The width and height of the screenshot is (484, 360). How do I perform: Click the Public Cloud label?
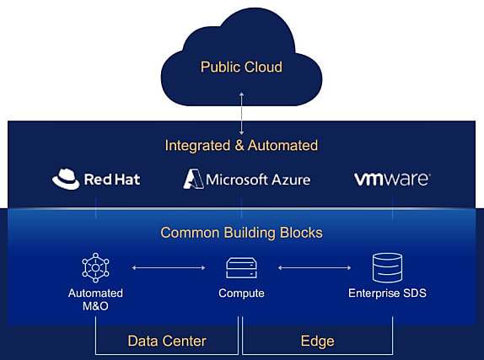coord(241,67)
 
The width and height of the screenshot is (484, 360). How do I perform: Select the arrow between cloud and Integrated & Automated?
coord(242,113)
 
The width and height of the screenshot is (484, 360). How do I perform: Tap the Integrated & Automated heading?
coord(241,145)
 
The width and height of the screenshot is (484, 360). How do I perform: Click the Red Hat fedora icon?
coord(66,179)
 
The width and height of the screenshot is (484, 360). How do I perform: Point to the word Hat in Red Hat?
coord(126,179)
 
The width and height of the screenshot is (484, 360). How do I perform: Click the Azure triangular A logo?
coord(193,179)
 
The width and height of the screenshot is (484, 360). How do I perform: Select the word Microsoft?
coord(237,180)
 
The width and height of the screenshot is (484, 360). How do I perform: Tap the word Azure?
coord(291,180)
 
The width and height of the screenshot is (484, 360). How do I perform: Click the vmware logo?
coord(392,179)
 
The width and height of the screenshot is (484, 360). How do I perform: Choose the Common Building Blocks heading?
coord(241,233)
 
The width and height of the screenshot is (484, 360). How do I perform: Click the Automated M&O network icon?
coord(95,268)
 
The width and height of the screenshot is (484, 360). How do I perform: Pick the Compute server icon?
coord(241,268)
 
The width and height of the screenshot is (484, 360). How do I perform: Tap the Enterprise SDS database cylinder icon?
coord(387,268)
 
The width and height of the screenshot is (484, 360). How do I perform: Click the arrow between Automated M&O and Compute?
coord(169,268)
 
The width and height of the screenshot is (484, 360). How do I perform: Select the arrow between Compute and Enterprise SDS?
coord(315,268)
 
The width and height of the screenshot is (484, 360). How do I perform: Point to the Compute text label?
coord(241,293)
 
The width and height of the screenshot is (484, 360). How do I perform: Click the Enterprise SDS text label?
coord(387,293)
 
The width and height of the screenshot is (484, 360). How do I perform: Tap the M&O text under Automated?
coord(95,306)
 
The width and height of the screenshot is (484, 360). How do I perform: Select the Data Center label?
coord(167,341)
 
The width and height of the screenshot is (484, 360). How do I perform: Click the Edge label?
coord(318,341)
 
